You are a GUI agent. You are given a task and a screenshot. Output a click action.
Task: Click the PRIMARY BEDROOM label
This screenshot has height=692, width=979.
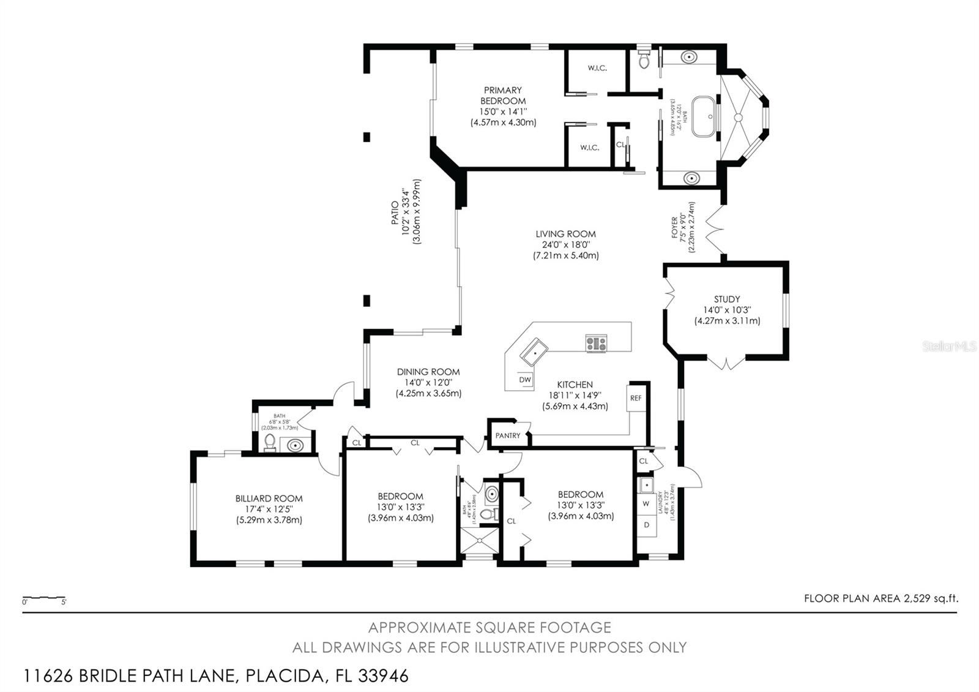(x=502, y=96)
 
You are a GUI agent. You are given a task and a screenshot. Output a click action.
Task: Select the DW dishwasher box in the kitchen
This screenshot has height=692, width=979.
(x=525, y=380)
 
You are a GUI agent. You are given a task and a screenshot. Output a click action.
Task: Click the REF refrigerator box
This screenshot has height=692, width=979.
(x=636, y=398)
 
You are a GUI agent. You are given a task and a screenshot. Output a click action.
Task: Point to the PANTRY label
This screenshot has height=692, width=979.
(x=507, y=436)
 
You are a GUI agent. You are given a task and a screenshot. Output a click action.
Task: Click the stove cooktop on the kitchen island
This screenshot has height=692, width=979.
(x=596, y=344)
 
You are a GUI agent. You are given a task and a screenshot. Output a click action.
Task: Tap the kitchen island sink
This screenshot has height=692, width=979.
(x=534, y=352)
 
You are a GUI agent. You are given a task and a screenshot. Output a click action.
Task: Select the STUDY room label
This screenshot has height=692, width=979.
(x=726, y=299)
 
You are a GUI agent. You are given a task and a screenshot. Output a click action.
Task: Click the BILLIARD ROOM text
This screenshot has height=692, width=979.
(x=269, y=498)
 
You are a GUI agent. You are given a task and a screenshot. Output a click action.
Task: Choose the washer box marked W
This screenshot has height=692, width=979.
(x=646, y=504)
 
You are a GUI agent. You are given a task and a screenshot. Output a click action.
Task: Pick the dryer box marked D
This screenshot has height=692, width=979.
(x=646, y=525)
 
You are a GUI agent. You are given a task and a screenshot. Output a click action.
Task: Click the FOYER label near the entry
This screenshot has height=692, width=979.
(x=675, y=228)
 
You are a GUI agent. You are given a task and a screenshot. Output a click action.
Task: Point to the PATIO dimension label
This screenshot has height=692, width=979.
(x=406, y=211)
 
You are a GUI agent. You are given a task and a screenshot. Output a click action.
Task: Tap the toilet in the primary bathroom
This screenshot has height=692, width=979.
(x=644, y=60)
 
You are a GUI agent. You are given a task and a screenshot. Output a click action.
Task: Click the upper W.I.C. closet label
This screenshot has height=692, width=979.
(x=597, y=68)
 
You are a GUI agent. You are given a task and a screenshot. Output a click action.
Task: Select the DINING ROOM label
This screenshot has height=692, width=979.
(x=428, y=372)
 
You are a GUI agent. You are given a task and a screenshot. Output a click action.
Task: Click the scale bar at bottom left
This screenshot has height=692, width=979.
(x=44, y=598)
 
